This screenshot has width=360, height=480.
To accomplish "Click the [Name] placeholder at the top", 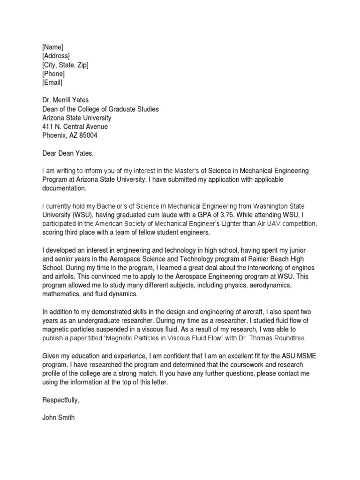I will coord(52,47).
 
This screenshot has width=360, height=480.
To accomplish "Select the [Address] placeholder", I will coord(56,56).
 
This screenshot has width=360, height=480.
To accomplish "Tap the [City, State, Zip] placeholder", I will coord(65,65).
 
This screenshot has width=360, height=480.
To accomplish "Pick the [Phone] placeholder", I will coord(53,74).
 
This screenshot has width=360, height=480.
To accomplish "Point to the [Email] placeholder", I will coord(52,82).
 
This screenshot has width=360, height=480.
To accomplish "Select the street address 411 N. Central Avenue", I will coord(75,127).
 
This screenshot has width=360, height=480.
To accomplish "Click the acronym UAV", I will coord(270,224).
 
